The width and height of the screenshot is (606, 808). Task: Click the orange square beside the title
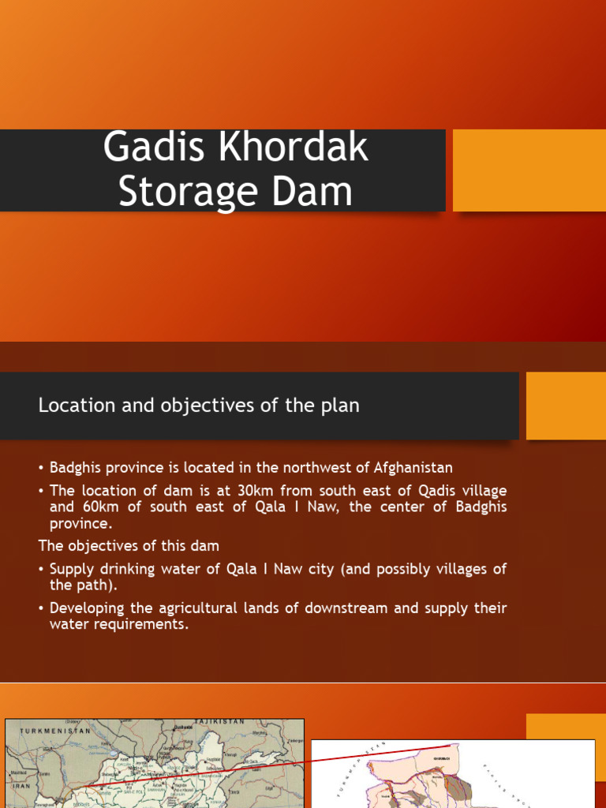(x=529, y=170)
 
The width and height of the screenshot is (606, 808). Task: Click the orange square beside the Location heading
(x=566, y=406)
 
